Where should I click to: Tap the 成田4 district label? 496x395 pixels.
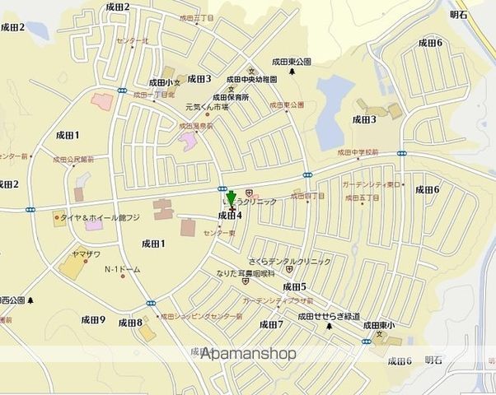230,216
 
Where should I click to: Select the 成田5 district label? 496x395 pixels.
294,286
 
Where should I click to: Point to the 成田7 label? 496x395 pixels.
271,324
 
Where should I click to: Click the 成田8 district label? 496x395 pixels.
130,323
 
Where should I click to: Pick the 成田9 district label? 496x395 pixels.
92,319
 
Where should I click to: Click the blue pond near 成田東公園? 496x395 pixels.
334,108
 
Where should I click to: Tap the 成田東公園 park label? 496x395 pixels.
292,62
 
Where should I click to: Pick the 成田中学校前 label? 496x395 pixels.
357,152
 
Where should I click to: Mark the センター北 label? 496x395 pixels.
133,40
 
